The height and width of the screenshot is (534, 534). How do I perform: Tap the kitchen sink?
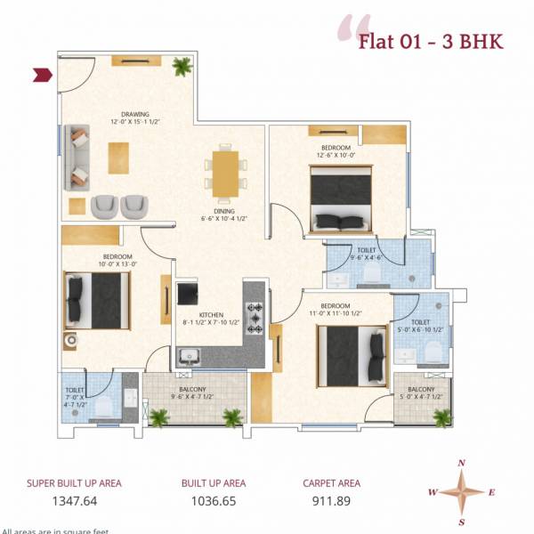coord(190,357)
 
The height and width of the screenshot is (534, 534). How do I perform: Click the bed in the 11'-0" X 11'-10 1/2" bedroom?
coord(349,354)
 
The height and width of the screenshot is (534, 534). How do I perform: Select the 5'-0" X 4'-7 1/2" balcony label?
coord(421,395)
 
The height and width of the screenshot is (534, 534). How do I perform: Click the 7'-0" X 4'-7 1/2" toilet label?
coord(74,395)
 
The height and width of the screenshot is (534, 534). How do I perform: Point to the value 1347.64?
coord(73,502)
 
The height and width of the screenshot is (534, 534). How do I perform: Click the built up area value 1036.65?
coord(213,502)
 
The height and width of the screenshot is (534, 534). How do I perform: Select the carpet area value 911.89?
coord(331,502)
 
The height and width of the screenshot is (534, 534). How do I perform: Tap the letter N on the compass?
coord(461,463)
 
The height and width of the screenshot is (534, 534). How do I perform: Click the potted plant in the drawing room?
coord(182,66)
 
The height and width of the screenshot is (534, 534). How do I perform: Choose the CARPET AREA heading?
coord(332,483)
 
